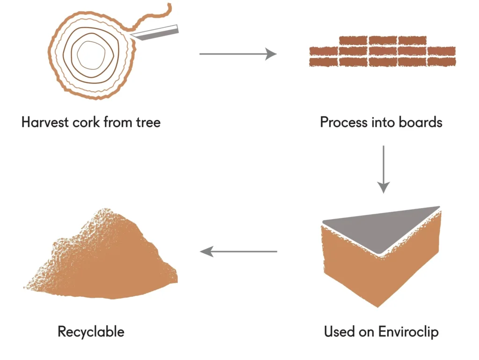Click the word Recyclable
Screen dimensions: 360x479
91,332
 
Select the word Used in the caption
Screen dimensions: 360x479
338,332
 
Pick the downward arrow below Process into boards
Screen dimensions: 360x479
383,169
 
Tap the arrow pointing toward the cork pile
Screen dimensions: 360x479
239,252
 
